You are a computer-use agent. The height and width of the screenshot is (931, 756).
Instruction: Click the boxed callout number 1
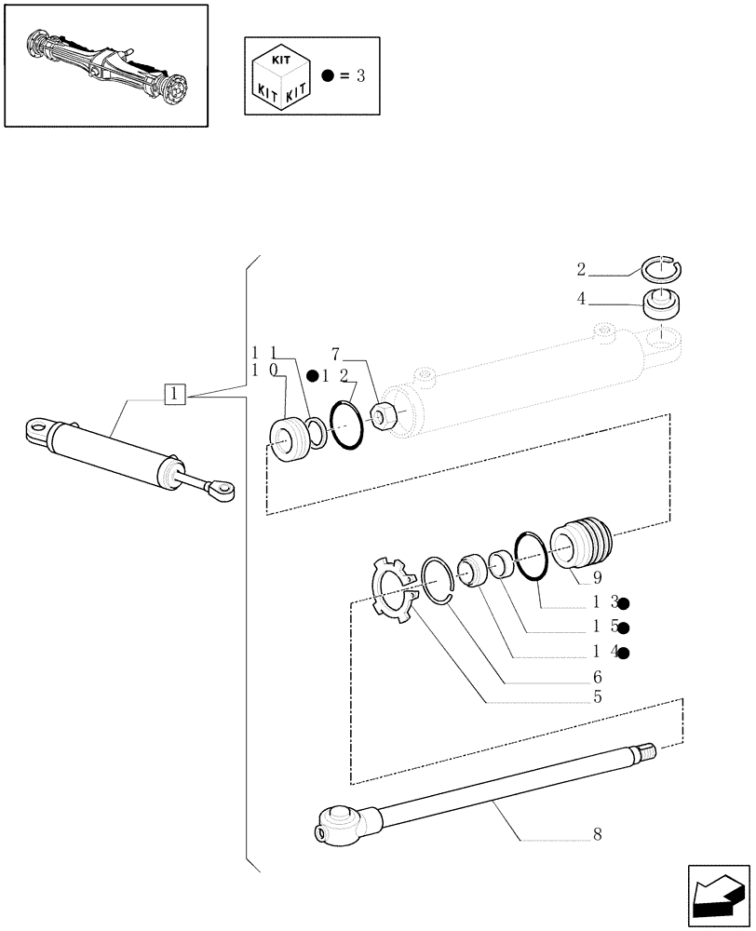pos(177,394)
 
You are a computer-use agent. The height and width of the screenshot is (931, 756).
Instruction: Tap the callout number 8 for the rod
pos(597,835)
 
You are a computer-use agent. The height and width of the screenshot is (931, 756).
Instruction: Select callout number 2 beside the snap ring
pos(581,271)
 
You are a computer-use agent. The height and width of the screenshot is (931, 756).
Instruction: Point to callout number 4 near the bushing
pos(581,300)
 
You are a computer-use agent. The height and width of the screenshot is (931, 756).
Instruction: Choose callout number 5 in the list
pos(597,696)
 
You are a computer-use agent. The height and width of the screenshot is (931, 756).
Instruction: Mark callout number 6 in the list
pos(597,676)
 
